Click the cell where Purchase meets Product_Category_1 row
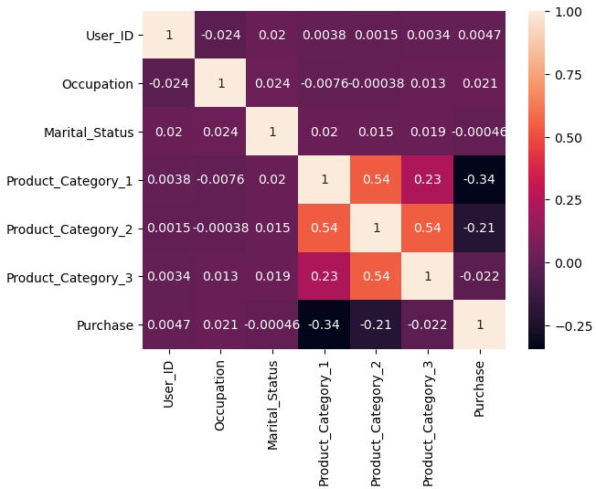pos(479,180)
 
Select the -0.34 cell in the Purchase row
pos(324,324)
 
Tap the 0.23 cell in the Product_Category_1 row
pos(427,180)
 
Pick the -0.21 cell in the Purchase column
pos(479,228)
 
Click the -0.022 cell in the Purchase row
pos(427,324)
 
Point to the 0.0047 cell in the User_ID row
pos(479,35)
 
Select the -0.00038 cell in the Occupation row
pos(376,83)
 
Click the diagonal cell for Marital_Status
pos(271,132)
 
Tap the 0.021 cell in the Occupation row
pos(479,83)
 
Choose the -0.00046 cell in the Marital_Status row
pos(479,132)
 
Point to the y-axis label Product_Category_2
pos(69,228)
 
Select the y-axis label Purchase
pos(106,324)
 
